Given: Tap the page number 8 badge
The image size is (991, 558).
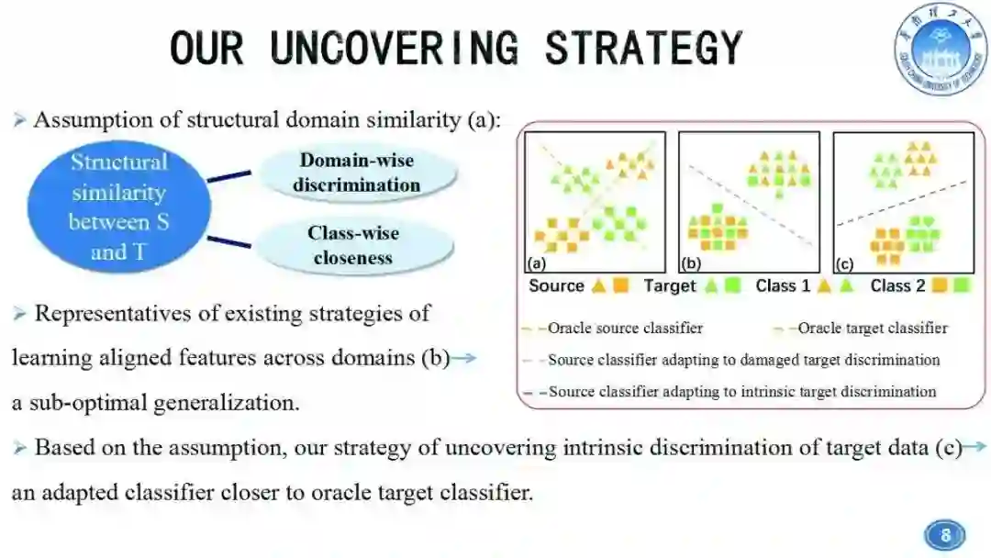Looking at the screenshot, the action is [944, 535].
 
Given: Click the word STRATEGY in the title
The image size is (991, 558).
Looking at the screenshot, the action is [643, 48].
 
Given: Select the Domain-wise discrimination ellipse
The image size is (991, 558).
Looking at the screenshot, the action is [356, 173].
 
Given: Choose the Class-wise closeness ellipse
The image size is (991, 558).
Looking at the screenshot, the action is [353, 245].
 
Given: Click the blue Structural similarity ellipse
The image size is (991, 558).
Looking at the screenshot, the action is [119, 206].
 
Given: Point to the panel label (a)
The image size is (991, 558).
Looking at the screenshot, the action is [535, 264].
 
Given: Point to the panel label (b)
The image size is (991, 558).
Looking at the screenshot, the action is [690, 264].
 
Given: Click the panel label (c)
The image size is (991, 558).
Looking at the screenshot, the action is [844, 264].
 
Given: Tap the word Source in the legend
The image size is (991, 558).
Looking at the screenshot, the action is [556, 285].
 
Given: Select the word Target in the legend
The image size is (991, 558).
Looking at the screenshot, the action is [670, 285].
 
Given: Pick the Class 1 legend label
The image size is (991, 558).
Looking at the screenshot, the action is [783, 285].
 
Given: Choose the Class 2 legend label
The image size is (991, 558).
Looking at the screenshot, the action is [897, 285].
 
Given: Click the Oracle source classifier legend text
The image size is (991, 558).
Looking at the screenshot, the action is [626, 328].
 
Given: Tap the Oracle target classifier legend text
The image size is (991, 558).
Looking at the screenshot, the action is [873, 328].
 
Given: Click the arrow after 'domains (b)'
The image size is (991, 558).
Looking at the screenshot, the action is [465, 357].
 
